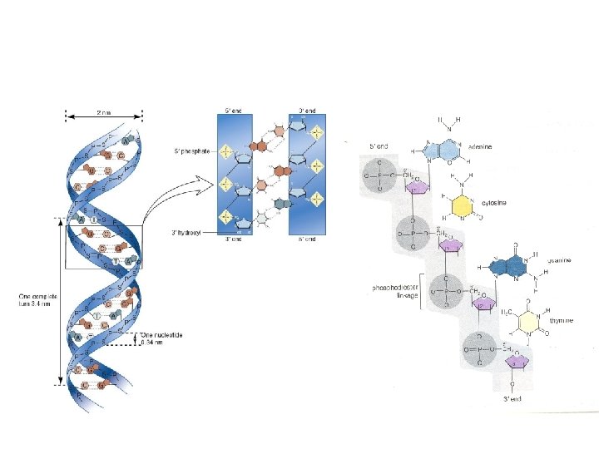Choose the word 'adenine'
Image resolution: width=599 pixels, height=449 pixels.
point(480,146)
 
